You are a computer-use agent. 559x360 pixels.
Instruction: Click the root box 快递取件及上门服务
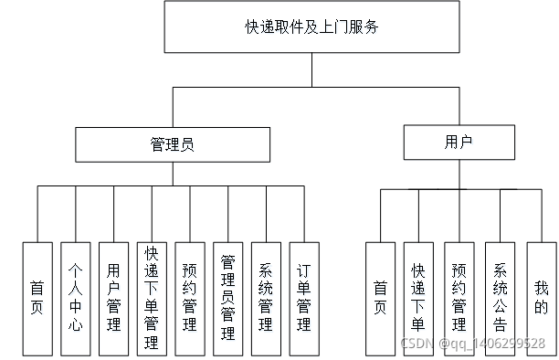coord(311,27)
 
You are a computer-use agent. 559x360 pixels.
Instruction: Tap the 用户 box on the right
coord(459,142)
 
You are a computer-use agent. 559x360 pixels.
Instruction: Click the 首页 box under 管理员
coord(37,299)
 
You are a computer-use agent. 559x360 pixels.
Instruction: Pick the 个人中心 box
coord(76,299)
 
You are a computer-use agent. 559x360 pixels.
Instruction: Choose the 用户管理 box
coord(113,299)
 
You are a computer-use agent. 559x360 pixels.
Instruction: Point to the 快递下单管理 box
coord(152,299)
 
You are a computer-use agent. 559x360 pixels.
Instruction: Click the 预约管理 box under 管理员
coord(189,299)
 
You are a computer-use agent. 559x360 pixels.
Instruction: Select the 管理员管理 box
coord(228,299)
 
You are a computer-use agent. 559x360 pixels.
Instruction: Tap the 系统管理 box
coord(266,299)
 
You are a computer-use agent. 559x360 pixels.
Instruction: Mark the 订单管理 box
coord(304,299)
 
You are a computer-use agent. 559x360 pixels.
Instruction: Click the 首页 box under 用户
coord(380,299)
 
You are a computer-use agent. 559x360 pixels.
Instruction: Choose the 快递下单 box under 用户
coord(418,299)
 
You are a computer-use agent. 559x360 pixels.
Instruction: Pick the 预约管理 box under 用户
coord(459,299)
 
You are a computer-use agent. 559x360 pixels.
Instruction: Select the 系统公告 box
coord(500,299)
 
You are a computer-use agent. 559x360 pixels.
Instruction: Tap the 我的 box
coord(541,299)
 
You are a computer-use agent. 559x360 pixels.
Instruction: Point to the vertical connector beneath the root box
coord(311,70)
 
